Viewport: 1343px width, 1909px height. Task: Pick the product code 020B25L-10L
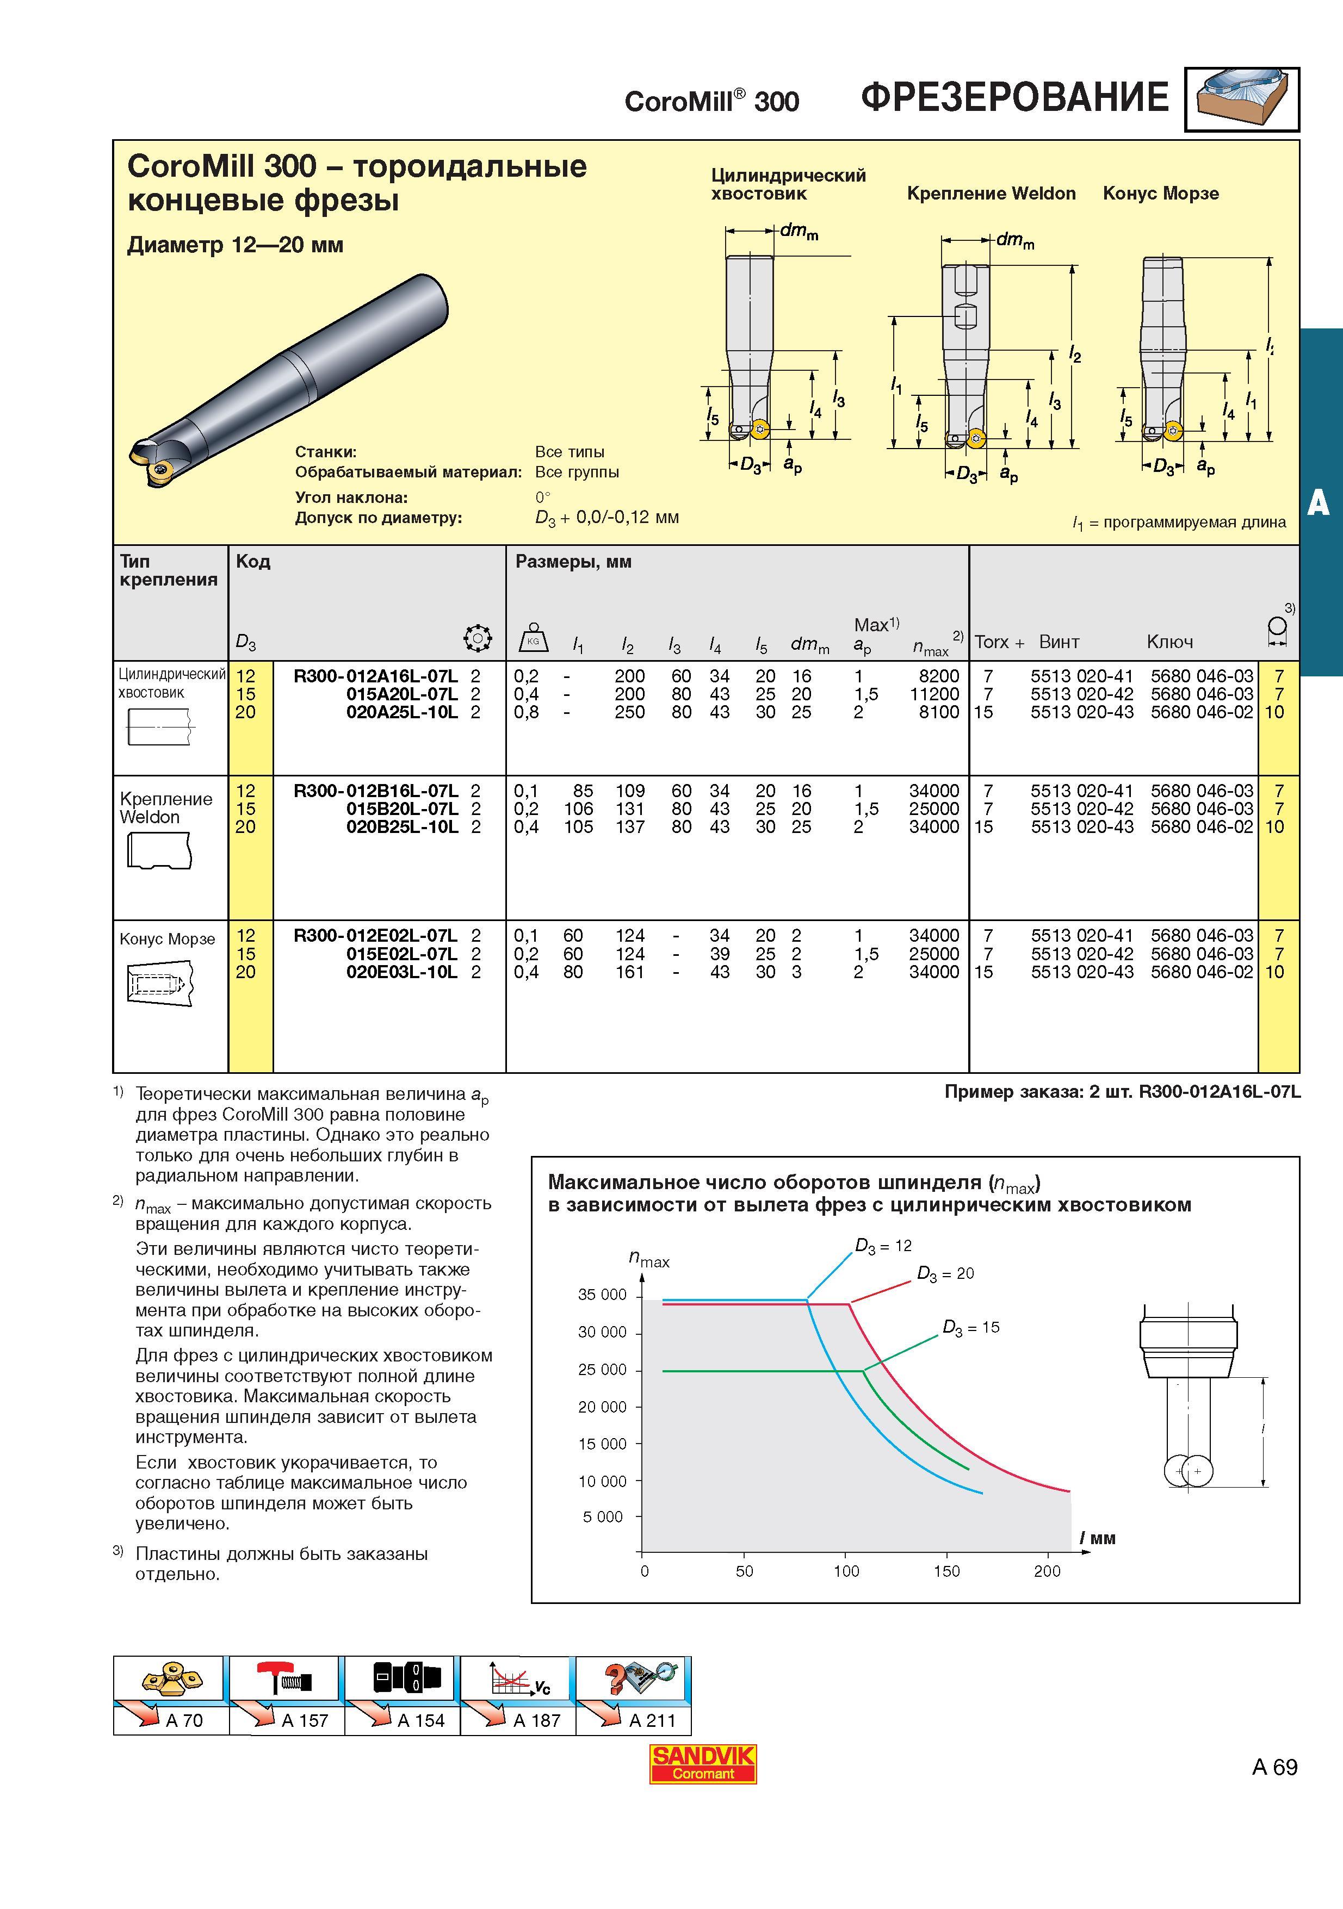(x=401, y=828)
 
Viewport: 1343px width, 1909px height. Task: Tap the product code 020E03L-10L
(x=401, y=972)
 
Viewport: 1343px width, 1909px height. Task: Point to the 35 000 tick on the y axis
(x=602, y=1295)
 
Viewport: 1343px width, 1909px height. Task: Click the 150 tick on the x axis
(x=946, y=1571)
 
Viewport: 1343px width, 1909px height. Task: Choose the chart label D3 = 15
(x=971, y=1327)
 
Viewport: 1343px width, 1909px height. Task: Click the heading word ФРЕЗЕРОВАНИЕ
(x=1014, y=97)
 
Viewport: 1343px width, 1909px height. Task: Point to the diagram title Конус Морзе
(x=1161, y=194)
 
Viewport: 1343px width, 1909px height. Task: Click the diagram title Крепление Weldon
(x=991, y=194)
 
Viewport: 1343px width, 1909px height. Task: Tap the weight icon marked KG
(x=533, y=638)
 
